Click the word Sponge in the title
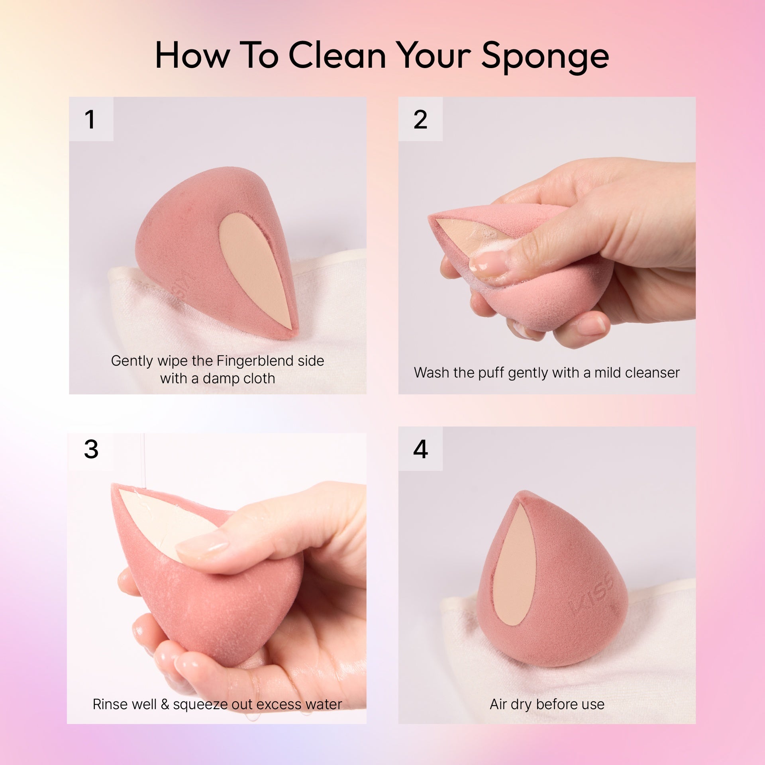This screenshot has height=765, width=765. click(545, 57)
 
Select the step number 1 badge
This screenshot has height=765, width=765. click(91, 119)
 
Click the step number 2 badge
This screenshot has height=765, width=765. click(420, 119)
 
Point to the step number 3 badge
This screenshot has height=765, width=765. click(91, 449)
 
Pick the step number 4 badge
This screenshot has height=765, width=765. click(420, 449)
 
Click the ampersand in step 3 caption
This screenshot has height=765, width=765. click(165, 704)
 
